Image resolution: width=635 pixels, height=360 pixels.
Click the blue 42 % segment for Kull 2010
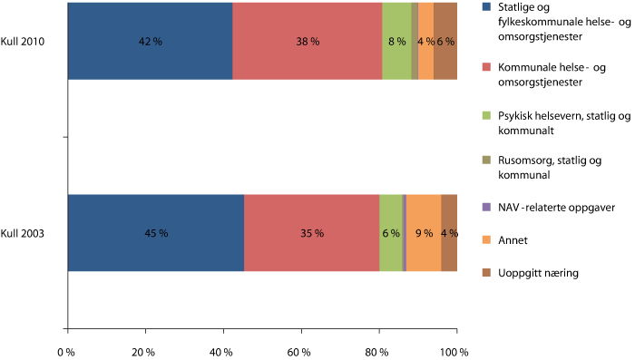pyautogui.click(x=150, y=41)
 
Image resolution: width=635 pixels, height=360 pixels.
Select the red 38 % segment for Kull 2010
pyautogui.click(x=307, y=41)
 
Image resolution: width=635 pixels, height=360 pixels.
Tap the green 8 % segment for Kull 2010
pyautogui.click(x=396, y=41)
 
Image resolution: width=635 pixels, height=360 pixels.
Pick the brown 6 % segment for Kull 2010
pyautogui.click(x=445, y=41)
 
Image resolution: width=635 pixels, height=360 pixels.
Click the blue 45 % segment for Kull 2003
pyautogui.click(x=156, y=233)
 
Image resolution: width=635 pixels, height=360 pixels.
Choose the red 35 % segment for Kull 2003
pyautogui.click(x=311, y=233)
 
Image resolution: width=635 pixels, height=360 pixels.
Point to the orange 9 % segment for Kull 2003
pyautogui.click(x=424, y=233)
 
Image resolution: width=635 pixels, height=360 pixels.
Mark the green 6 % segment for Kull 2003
pyautogui.click(x=390, y=233)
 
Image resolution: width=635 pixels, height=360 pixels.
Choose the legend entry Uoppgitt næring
pyautogui.click(x=542, y=274)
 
